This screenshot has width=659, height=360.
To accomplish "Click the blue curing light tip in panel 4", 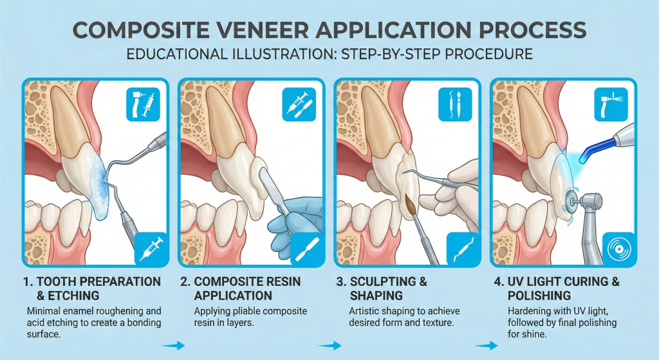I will coord(586,155).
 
